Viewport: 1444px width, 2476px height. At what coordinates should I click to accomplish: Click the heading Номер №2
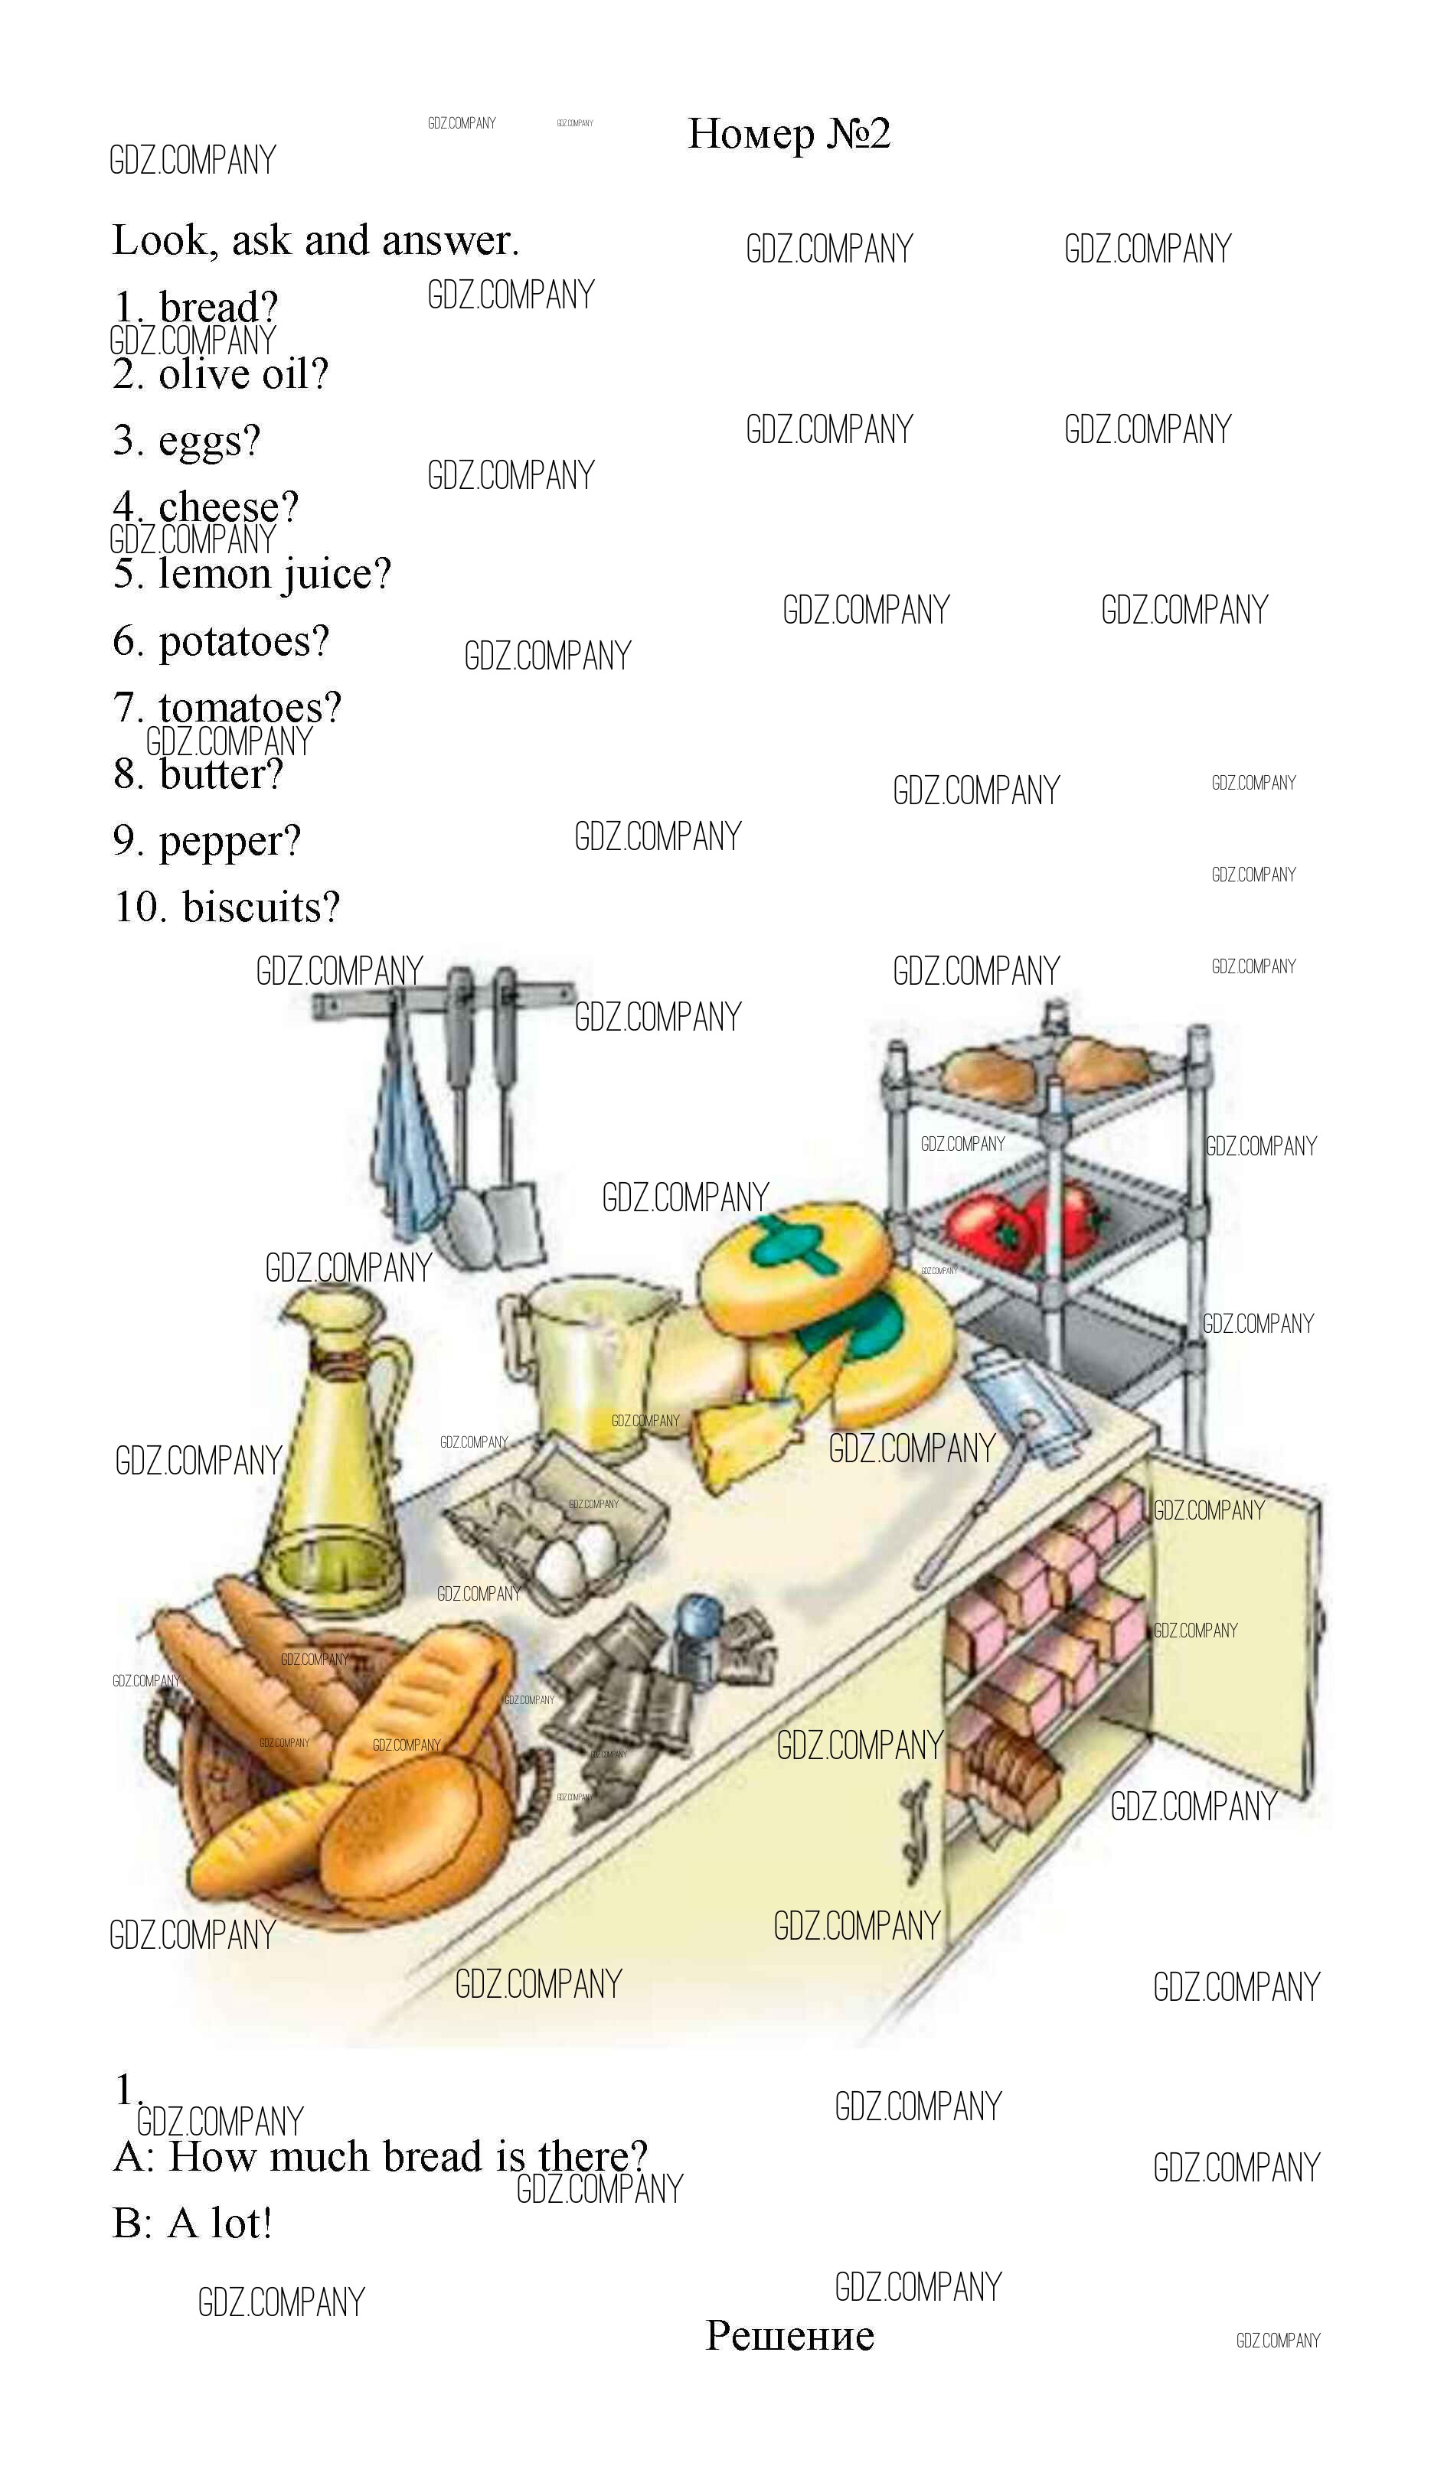click(789, 134)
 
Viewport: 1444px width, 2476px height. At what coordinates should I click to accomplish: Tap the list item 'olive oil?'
click(243, 374)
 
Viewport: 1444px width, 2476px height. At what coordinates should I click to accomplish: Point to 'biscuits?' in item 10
click(260, 907)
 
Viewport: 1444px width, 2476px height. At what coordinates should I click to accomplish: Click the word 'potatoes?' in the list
click(243, 642)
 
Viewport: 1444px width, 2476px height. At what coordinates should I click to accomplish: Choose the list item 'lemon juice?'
click(274, 574)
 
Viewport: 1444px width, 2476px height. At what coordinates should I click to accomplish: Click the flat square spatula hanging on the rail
click(517, 1218)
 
